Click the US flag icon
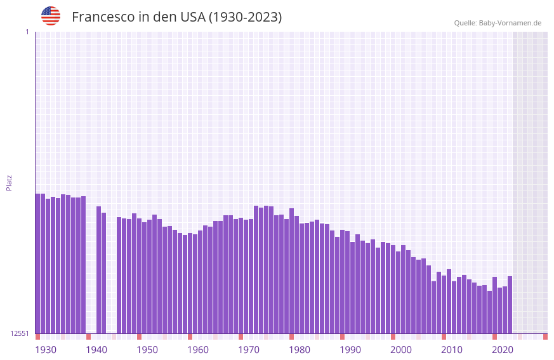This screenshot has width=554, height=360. [x=51, y=16]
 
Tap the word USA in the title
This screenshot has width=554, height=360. [x=192, y=17]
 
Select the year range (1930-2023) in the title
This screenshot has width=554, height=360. [x=245, y=17]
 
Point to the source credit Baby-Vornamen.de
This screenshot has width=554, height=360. [x=510, y=23]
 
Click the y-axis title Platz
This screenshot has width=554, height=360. [x=9, y=182]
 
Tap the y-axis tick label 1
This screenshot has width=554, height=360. [x=27, y=32]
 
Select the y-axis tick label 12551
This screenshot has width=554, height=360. [x=20, y=333]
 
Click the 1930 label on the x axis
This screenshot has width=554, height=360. [x=46, y=350]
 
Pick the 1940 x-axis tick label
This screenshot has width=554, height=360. [x=96, y=350]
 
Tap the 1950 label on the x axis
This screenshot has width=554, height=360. [x=147, y=350]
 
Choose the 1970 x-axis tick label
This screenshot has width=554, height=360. [x=249, y=350]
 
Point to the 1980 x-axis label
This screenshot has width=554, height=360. [x=300, y=350]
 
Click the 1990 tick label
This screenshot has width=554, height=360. [x=350, y=350]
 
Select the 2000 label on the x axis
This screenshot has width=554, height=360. [x=401, y=350]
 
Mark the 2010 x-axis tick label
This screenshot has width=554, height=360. [x=452, y=350]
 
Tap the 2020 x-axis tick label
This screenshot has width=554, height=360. [x=503, y=350]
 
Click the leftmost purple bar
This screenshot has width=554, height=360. [x=38, y=263]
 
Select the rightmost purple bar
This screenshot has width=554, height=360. [x=510, y=305]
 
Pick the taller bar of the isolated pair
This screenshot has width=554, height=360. [x=99, y=270]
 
